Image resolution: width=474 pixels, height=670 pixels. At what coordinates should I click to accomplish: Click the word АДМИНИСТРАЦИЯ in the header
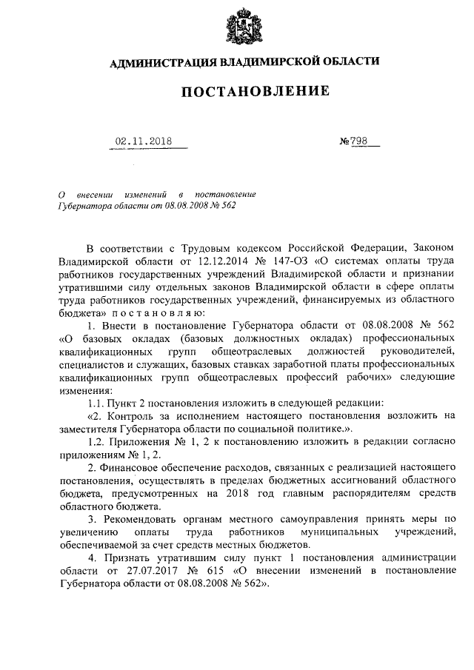pos(161,63)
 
